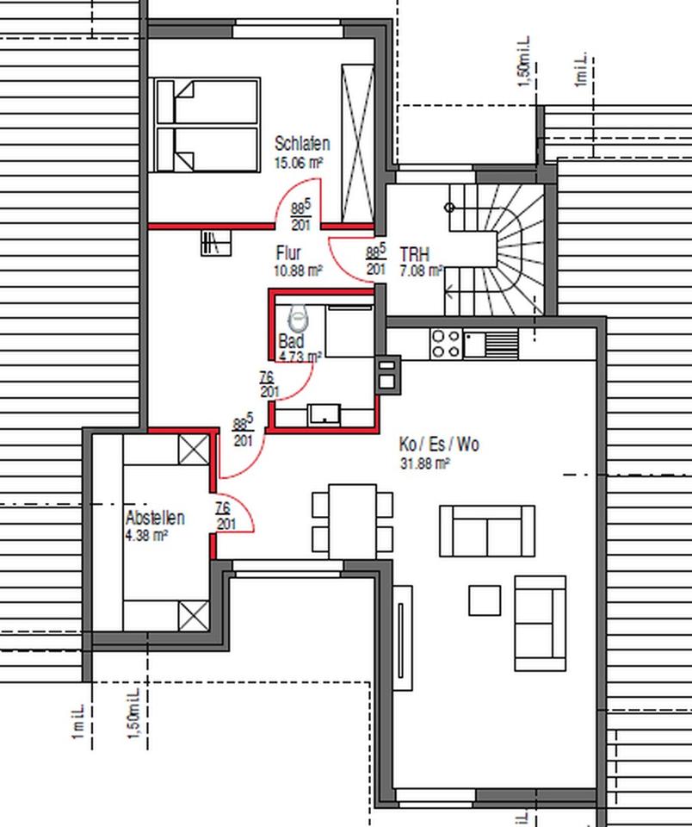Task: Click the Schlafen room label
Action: pyautogui.click(x=301, y=144)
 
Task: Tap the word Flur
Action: pyautogui.click(x=288, y=253)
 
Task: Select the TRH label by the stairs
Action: pyautogui.click(x=414, y=256)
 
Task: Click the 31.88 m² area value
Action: pyautogui.click(x=424, y=463)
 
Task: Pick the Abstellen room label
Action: pyautogui.click(x=155, y=518)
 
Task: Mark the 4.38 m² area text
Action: pyautogui.click(x=146, y=535)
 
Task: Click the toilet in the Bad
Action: pyautogui.click(x=299, y=320)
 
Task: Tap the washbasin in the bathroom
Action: pyautogui.click(x=324, y=415)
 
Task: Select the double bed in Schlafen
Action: pyautogui.click(x=207, y=126)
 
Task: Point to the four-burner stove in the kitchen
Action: pyautogui.click(x=446, y=344)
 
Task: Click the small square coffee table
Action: pyautogui.click(x=485, y=600)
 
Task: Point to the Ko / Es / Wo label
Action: pyautogui.click(x=439, y=445)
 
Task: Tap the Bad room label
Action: pyautogui.click(x=291, y=341)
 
